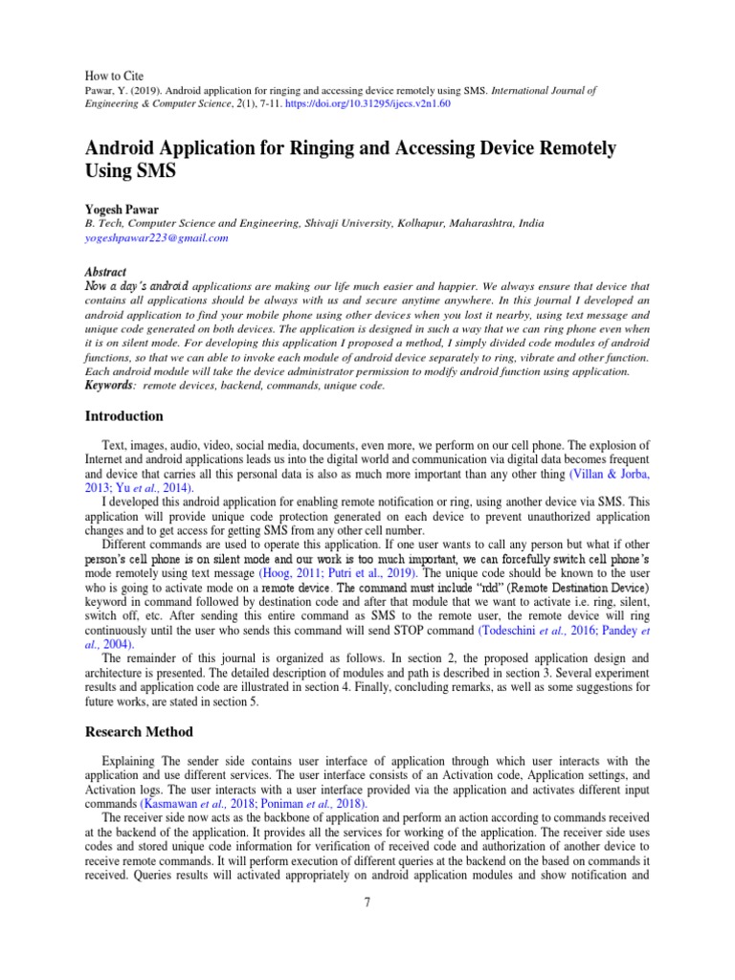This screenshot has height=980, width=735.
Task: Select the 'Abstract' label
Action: (105, 272)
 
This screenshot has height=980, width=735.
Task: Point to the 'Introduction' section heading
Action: (124, 416)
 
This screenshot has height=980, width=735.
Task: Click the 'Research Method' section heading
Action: (140, 732)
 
